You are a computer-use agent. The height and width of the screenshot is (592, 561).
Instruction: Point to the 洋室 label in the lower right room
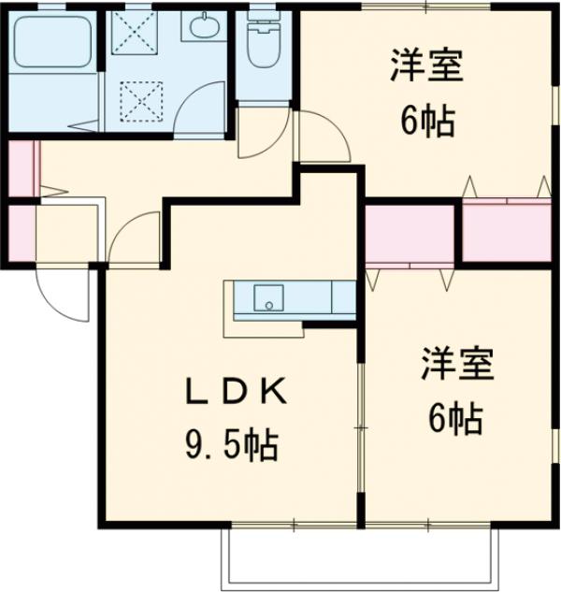[x=456, y=364]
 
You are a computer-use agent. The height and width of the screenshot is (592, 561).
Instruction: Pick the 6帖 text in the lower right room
[x=455, y=418]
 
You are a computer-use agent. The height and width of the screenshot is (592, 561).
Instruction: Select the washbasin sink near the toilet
[x=203, y=29]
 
